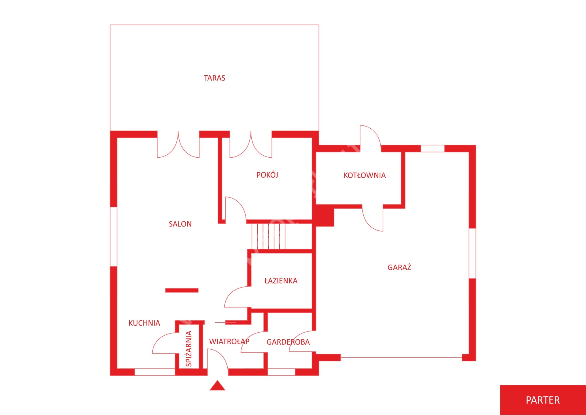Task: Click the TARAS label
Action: [x=214, y=78]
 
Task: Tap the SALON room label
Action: [x=180, y=224]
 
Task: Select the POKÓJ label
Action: [x=267, y=175]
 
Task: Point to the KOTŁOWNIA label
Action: [x=364, y=175]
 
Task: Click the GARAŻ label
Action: [x=399, y=267]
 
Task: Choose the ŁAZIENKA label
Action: [x=281, y=281]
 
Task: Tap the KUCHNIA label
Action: [x=144, y=323]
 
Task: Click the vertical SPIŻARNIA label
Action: [x=189, y=348]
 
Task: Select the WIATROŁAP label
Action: [x=229, y=341]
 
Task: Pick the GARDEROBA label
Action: [x=288, y=342]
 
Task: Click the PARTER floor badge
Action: [x=543, y=400]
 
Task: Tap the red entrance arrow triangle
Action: [x=217, y=386]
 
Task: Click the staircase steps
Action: [x=268, y=236]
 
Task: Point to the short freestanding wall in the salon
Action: [x=182, y=290]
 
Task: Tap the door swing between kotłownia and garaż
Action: [x=372, y=218]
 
